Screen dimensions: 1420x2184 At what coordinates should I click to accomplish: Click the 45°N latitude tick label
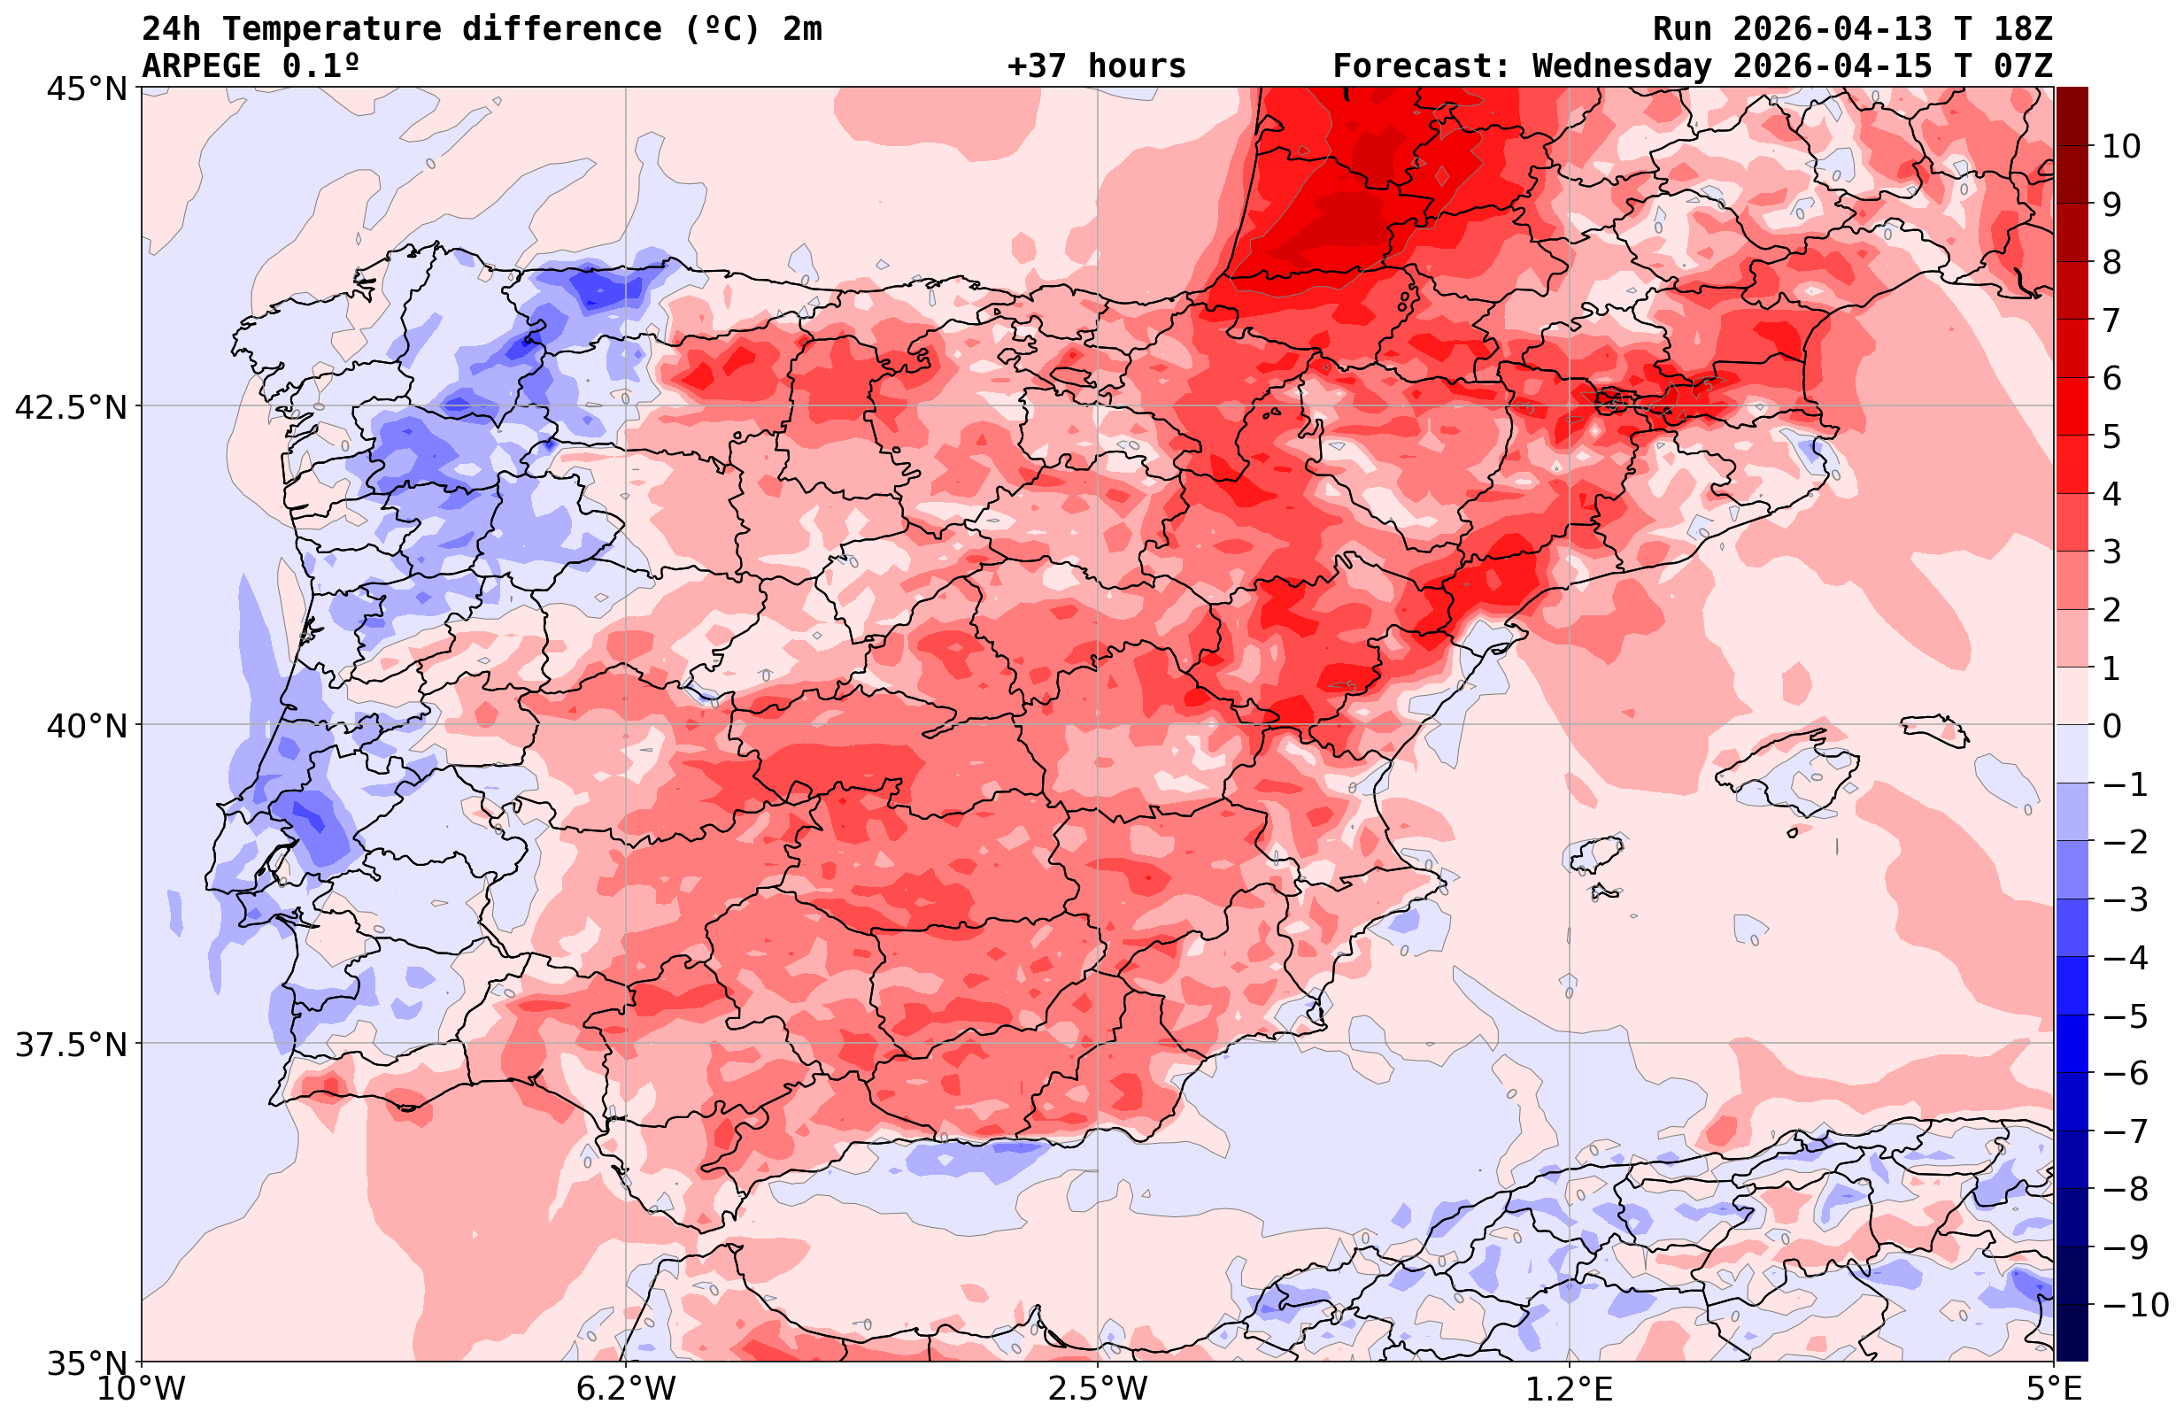coord(85,89)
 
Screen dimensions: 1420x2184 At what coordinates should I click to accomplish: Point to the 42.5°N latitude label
coord(71,406)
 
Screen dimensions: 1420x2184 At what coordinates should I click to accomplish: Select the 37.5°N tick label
coord(71,1044)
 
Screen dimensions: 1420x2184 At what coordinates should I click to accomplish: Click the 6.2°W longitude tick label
coord(626,1389)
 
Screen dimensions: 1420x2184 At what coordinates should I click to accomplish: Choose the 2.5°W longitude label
coord(1098,1389)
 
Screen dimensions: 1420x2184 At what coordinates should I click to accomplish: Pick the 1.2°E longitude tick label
coord(1570,1389)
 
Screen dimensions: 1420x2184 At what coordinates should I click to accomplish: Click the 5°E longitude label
coord(2054,1389)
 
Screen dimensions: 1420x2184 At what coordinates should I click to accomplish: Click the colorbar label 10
coord(2120,147)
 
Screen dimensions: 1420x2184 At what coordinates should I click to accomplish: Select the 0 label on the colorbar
coord(2111,726)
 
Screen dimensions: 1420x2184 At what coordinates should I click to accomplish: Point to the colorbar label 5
coord(2111,437)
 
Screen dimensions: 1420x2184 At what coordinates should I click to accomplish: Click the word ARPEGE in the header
coord(202,66)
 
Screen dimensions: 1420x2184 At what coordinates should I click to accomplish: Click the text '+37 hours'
coord(1097,66)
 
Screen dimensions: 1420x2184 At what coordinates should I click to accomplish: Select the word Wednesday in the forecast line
coord(1622,66)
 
